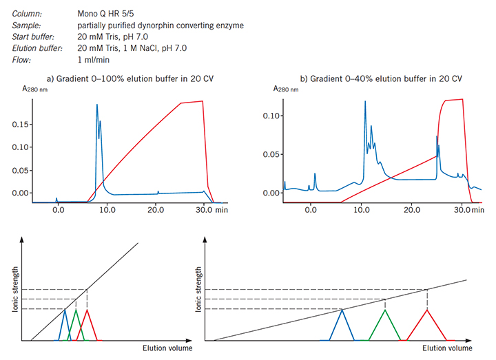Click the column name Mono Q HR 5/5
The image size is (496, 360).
point(107,14)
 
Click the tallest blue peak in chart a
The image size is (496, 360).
point(96,105)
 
